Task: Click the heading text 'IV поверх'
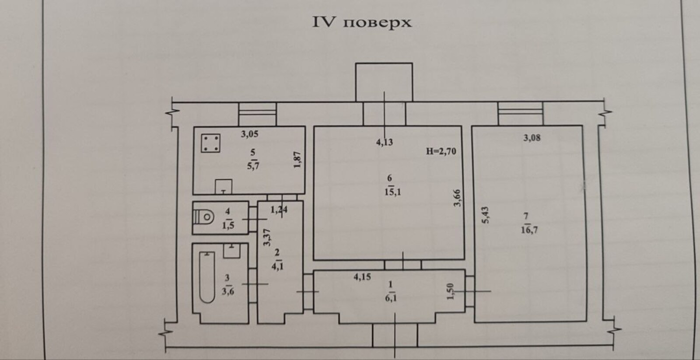pyautogui.click(x=362, y=22)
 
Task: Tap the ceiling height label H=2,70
pyautogui.click(x=441, y=152)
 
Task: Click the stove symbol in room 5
pyautogui.click(x=210, y=143)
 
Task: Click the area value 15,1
pyautogui.click(x=390, y=192)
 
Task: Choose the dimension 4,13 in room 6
pyautogui.click(x=385, y=142)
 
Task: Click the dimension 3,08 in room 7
pyautogui.click(x=532, y=138)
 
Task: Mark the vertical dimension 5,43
pyautogui.click(x=486, y=215)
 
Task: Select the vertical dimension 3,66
pyautogui.click(x=458, y=198)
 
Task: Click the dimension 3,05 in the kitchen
pyautogui.click(x=249, y=134)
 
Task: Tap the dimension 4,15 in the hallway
pyautogui.click(x=362, y=276)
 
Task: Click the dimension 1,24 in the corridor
pyautogui.click(x=279, y=210)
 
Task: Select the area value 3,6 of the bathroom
pyautogui.click(x=227, y=291)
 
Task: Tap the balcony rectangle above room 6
pyautogui.click(x=384, y=82)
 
